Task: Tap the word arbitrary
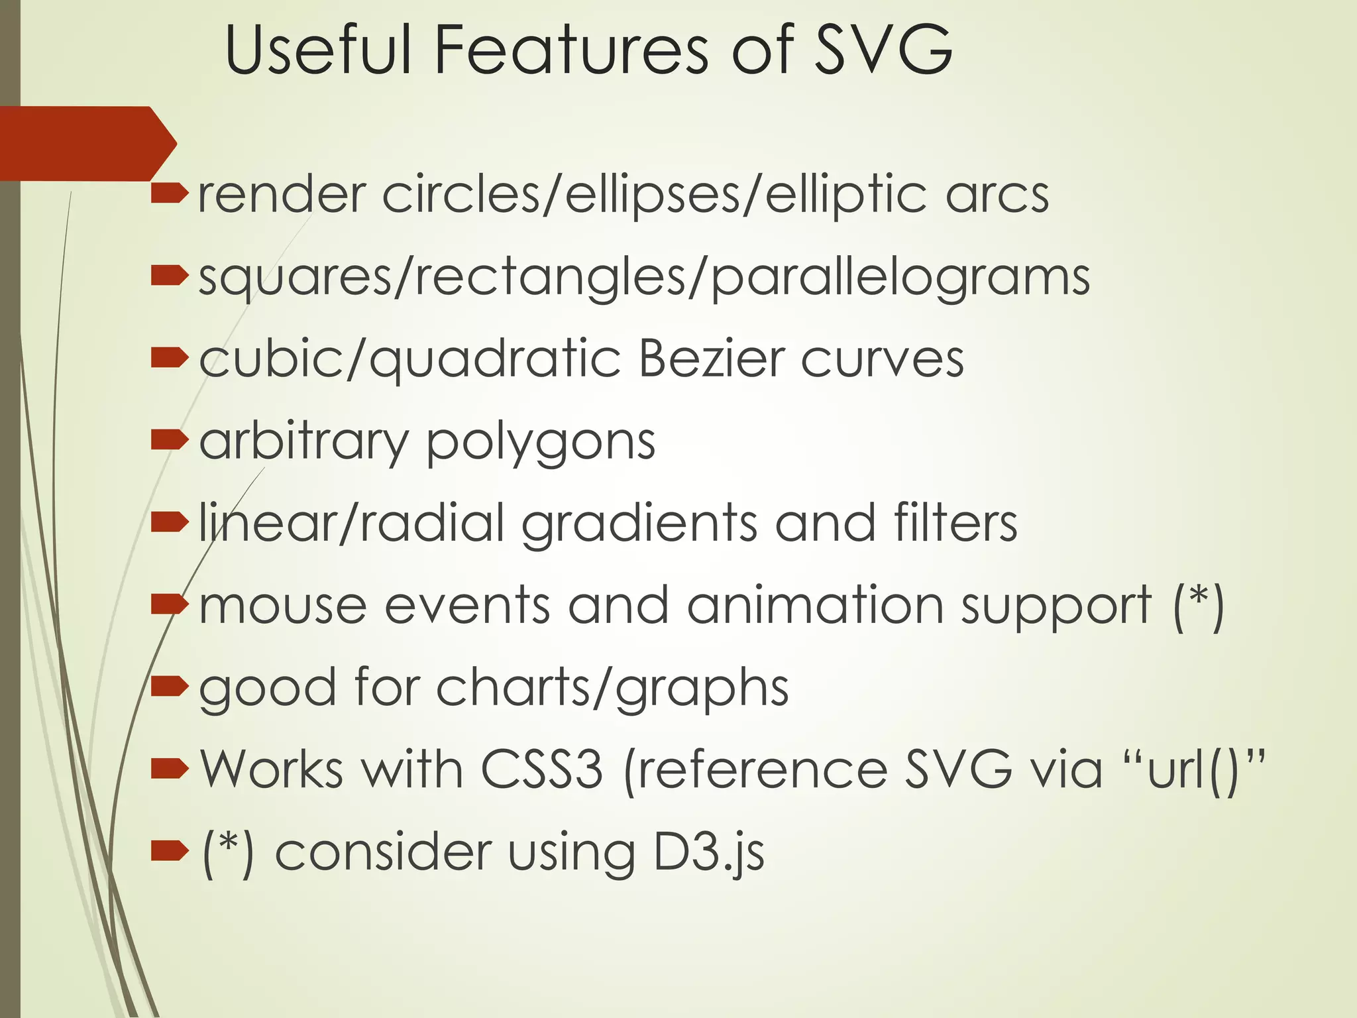(x=304, y=443)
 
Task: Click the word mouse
(x=283, y=606)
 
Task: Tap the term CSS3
(x=542, y=769)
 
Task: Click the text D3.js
(x=708, y=853)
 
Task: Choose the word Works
(x=272, y=769)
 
